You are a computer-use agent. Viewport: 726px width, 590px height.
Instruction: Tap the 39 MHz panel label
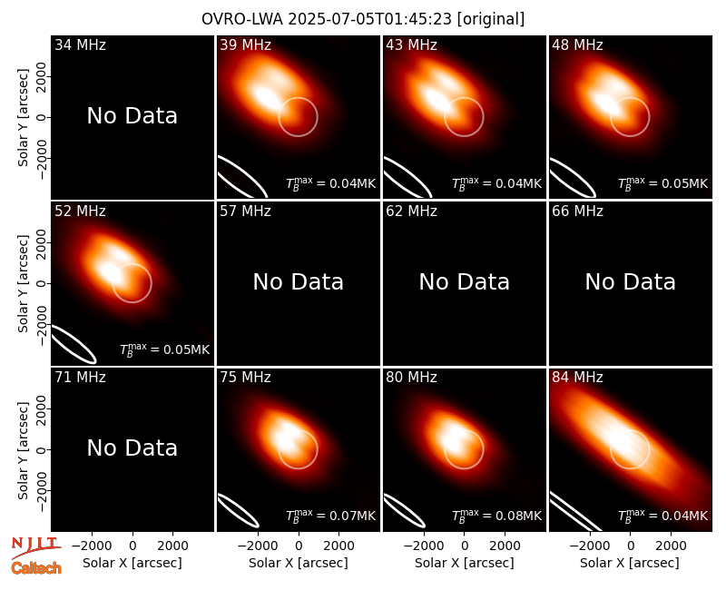(245, 44)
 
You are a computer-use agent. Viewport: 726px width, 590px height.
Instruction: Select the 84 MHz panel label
(577, 378)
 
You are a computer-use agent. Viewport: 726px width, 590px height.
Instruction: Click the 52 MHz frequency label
(80, 211)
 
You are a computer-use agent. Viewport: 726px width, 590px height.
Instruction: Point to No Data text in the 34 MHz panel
(132, 116)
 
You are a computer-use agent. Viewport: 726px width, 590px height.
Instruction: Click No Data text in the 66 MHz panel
(631, 282)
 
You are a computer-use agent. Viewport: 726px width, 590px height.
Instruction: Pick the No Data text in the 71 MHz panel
(132, 448)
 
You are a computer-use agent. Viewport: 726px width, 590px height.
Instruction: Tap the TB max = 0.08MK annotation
(496, 516)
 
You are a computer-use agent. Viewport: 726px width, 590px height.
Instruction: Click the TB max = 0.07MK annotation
(330, 516)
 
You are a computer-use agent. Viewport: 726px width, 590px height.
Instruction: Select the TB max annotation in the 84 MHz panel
(663, 516)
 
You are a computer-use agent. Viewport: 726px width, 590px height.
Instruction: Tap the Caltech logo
(36, 568)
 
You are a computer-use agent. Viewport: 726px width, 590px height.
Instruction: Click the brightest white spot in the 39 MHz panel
(265, 97)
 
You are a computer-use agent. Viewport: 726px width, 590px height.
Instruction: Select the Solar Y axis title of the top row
(24, 118)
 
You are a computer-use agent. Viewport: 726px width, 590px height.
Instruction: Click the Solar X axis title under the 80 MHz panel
(465, 563)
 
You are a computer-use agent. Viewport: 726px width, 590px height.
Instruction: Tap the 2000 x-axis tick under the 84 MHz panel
(671, 546)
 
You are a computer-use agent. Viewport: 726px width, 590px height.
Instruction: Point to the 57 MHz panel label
(245, 211)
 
